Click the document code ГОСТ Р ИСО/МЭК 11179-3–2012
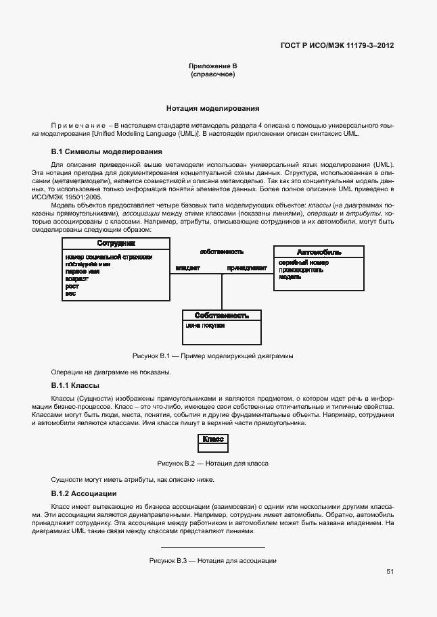337,46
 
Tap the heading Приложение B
212,66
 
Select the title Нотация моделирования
212,108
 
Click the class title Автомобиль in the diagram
319,252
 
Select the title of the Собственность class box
222,316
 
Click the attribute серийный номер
303,262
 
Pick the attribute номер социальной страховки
108,257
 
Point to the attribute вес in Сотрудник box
70,294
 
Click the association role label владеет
187,268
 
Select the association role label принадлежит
247,268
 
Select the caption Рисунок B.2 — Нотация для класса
212,464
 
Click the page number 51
390,571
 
